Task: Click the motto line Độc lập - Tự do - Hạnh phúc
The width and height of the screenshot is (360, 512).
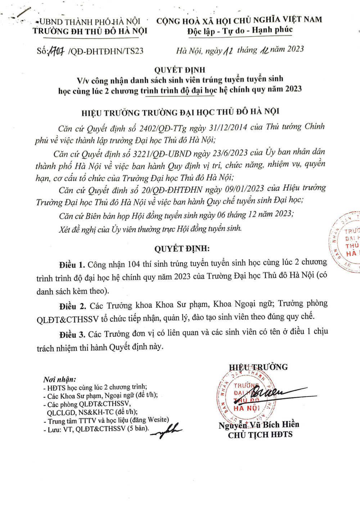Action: [x=240, y=31]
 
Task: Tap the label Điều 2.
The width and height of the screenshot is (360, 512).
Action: [x=73, y=306]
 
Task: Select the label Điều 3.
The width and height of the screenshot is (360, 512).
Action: [x=72, y=335]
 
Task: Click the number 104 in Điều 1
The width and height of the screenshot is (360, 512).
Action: [x=134, y=264]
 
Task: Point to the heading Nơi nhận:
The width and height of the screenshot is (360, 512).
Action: [x=60, y=379]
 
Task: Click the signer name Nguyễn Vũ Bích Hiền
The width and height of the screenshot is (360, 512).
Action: [x=258, y=425]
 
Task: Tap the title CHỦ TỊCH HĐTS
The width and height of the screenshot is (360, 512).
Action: [x=260, y=435]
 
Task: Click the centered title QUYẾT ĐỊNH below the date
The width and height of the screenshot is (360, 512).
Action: [x=180, y=69]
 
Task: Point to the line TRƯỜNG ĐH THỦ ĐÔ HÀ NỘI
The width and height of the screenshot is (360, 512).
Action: [x=90, y=31]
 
